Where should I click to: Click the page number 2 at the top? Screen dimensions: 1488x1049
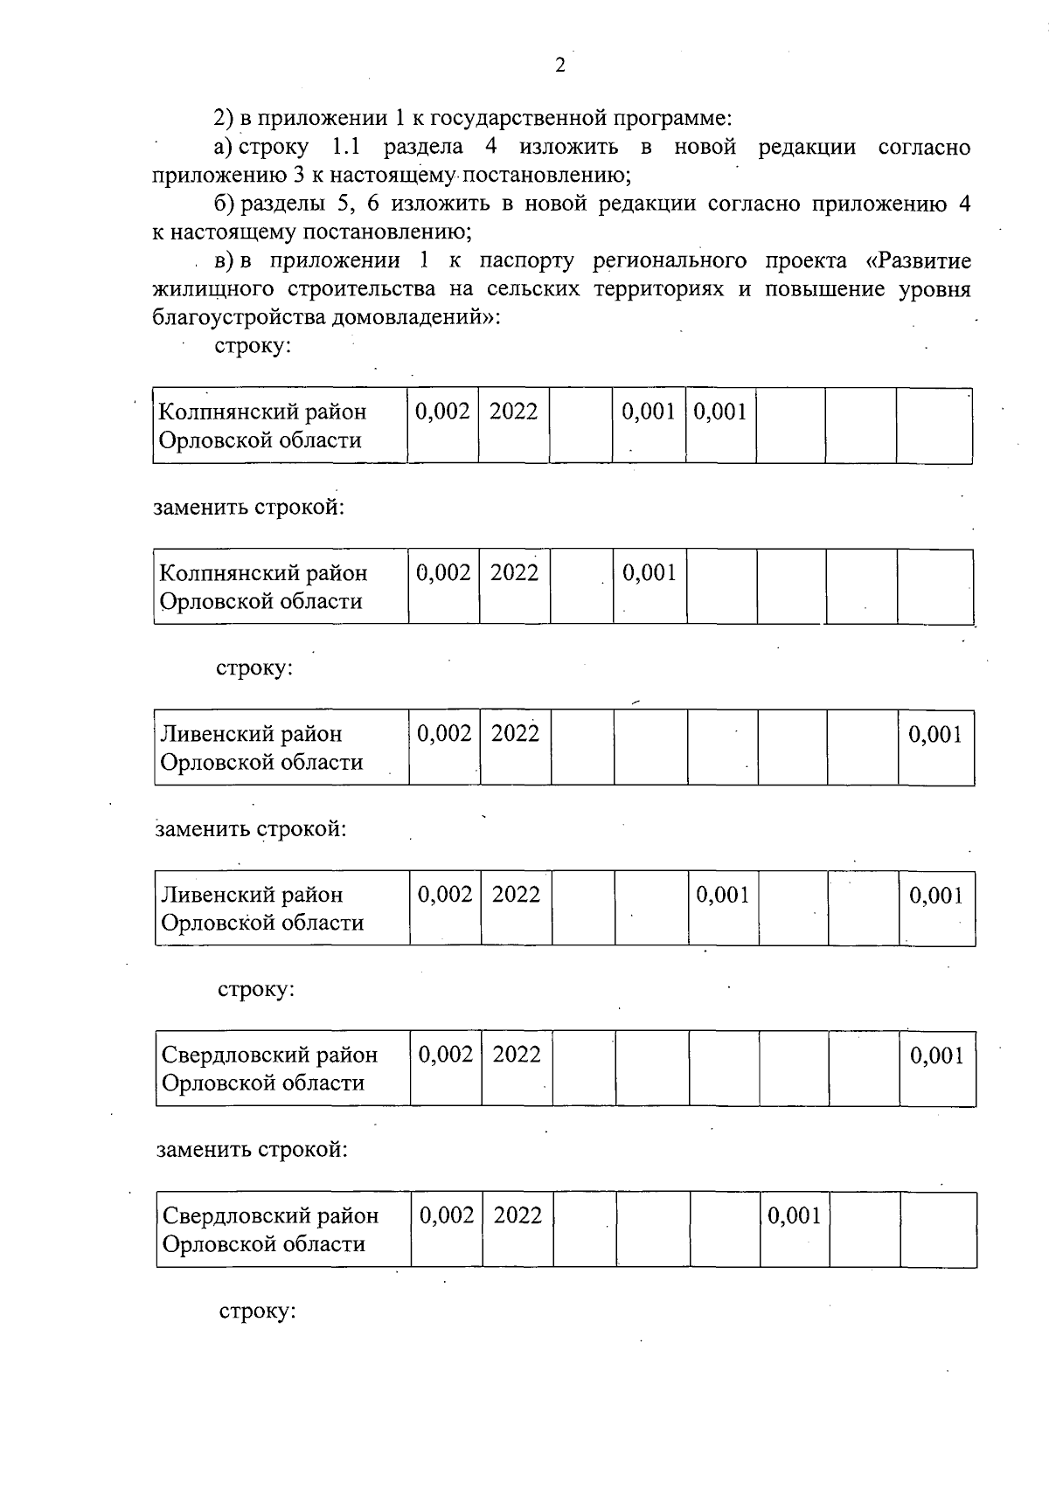[560, 66]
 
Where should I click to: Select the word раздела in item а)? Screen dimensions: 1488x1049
[423, 147]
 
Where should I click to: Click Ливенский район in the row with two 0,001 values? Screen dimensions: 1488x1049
[252, 895]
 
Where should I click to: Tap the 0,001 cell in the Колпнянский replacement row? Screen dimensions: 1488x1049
[649, 573]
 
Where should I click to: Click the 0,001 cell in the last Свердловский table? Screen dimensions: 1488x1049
[794, 1216]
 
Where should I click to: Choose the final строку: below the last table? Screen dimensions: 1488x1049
[257, 1312]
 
